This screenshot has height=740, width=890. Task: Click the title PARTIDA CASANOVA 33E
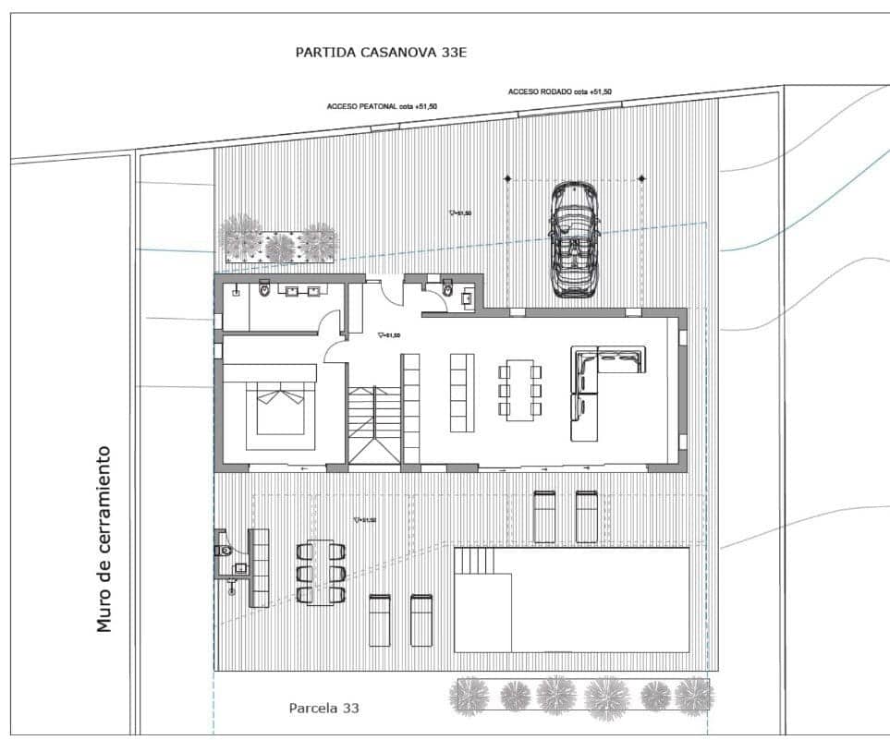(x=381, y=53)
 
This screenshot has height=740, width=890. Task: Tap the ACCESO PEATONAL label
(x=382, y=106)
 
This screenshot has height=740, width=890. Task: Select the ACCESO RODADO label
(x=559, y=91)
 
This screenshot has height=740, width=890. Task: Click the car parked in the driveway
(x=573, y=238)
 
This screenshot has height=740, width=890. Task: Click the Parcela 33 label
(x=323, y=709)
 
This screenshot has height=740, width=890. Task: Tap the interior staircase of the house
(x=374, y=424)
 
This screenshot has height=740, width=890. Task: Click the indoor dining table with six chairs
(x=520, y=390)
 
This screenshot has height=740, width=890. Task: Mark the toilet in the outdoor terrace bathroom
(x=224, y=551)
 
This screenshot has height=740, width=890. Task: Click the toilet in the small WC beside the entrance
(x=448, y=291)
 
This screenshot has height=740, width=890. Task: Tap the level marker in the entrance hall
(x=388, y=336)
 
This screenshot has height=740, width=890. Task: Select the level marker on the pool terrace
(x=365, y=521)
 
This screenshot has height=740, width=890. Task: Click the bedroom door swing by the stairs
(x=335, y=348)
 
